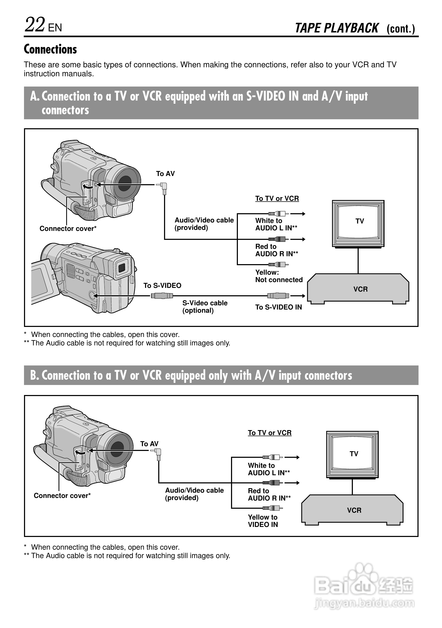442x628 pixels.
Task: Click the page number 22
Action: click(35, 25)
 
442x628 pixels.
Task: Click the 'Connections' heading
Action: click(50, 49)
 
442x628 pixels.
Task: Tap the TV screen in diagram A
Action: click(358, 222)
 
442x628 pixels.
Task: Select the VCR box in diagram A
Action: click(358, 289)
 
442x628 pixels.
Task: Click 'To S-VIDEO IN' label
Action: click(278, 307)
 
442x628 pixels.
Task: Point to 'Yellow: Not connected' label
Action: click(278, 276)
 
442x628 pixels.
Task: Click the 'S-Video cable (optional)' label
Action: click(205, 307)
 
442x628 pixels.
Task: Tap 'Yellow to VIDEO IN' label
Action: click(263, 521)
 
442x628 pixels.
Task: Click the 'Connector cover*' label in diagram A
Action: click(68, 229)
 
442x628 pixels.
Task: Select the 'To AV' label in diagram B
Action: click(149, 444)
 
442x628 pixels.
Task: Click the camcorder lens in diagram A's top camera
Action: click(125, 183)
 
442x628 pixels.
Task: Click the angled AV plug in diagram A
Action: click(163, 187)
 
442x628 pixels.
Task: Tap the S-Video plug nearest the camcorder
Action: click(162, 296)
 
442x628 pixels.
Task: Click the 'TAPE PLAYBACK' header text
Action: click(337, 28)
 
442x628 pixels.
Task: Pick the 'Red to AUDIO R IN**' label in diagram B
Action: click(269, 494)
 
